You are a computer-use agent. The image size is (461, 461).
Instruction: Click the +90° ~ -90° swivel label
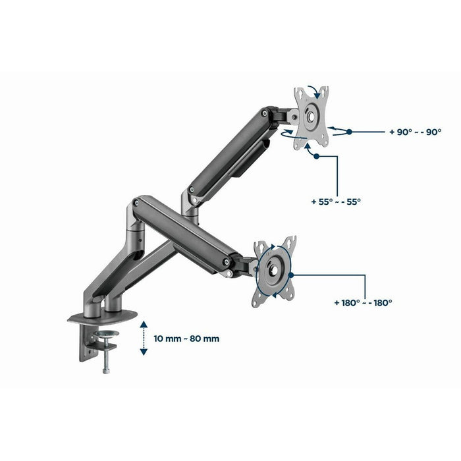point(414,132)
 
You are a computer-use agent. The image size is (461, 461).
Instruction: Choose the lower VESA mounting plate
point(273,270)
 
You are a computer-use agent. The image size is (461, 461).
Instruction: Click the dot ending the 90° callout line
point(350,132)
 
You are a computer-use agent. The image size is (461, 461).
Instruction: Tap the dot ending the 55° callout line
point(317,157)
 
